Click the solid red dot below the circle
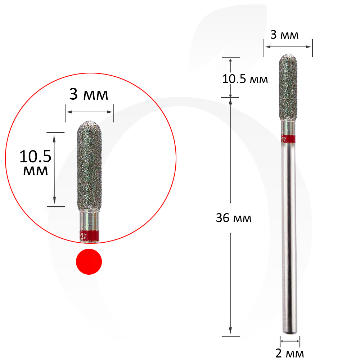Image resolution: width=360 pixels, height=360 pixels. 89,261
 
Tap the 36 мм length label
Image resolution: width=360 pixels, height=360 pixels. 234,218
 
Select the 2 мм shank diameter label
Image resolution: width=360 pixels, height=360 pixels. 289,353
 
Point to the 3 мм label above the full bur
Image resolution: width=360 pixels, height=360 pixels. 284,35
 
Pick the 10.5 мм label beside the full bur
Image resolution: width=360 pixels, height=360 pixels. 245,79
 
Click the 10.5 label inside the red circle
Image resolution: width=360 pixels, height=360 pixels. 35,157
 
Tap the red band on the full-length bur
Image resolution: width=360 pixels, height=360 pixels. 288,139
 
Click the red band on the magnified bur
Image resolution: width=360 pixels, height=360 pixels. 89,235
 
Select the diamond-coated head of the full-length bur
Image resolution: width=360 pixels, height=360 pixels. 288,87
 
